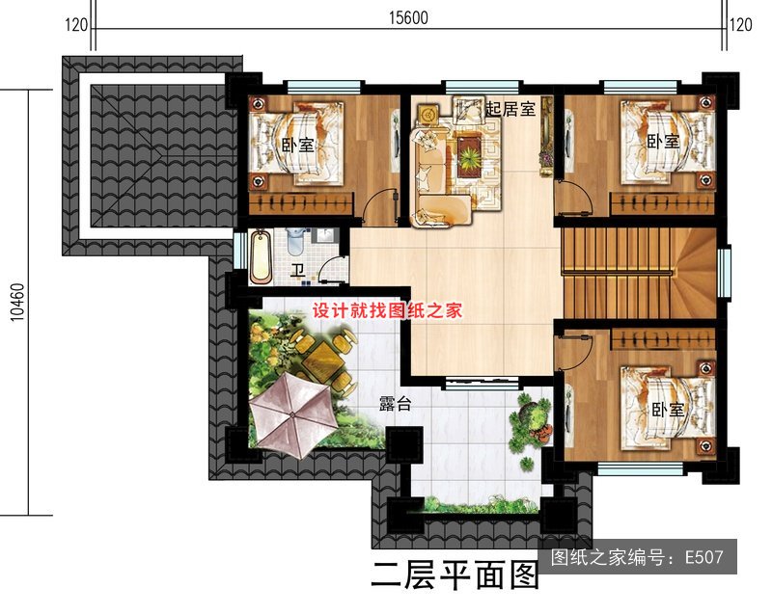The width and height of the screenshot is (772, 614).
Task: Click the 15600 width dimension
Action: point(408,17)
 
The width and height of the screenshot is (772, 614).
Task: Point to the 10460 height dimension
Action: point(17,303)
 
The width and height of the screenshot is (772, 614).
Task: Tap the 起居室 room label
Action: point(510,109)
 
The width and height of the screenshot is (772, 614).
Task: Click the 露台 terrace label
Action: point(395,404)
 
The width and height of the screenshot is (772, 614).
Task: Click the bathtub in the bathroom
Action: point(261,257)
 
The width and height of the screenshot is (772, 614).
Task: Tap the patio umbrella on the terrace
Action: point(294,414)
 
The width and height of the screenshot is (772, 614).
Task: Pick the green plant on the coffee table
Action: point(469,157)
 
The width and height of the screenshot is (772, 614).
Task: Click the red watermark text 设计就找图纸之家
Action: point(387,310)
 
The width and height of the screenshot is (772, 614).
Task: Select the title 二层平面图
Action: point(455,575)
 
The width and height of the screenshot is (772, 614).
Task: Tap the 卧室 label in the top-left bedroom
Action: point(297,145)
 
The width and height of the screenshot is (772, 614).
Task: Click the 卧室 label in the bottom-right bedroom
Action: point(668,409)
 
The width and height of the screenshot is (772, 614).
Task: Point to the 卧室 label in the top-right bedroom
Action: point(663,142)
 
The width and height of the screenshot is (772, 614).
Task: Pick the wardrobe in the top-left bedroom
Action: point(301,204)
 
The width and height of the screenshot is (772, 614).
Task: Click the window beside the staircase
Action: point(723,274)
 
